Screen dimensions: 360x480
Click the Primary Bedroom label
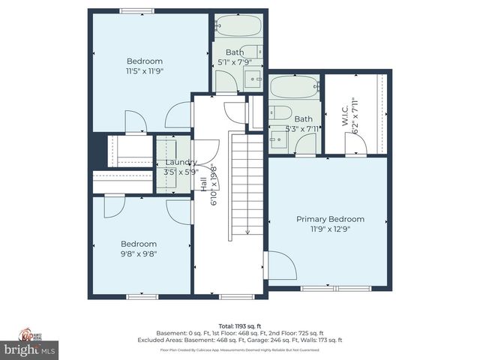[x=330, y=219]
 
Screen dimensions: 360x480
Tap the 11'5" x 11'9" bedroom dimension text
[x=145, y=71]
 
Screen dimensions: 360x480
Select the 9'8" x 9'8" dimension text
[x=139, y=253]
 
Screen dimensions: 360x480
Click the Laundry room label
[x=181, y=162]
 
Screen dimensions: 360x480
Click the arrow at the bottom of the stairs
[x=247, y=230]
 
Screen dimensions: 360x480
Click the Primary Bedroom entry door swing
[x=278, y=264]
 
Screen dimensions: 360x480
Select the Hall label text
[x=203, y=184]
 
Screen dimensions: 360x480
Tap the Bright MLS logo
[x=29, y=349]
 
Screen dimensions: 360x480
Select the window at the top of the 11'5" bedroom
[x=138, y=10]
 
